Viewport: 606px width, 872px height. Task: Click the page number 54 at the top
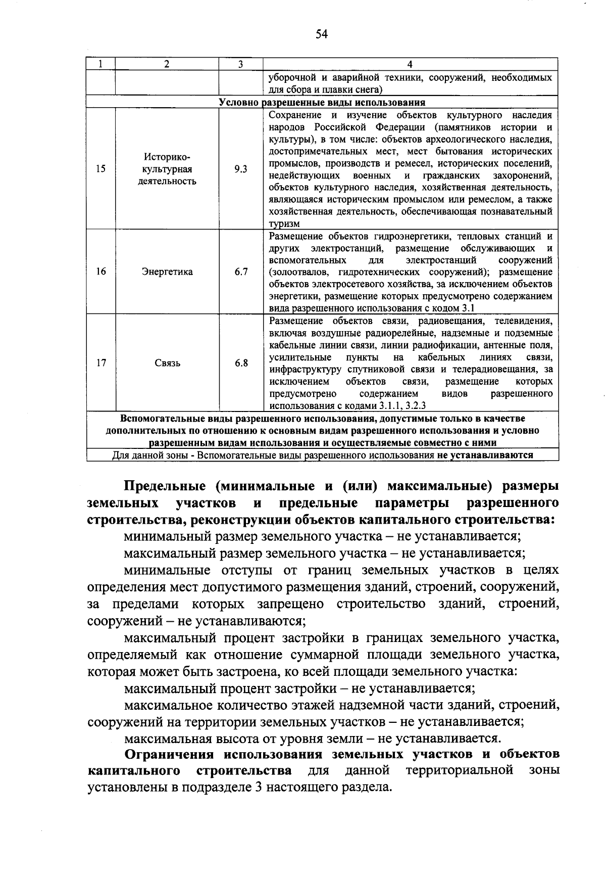[x=322, y=34]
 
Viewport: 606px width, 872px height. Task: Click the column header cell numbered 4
[x=410, y=64]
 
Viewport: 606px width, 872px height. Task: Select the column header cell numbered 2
[x=167, y=64]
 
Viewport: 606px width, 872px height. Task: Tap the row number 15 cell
[x=101, y=169]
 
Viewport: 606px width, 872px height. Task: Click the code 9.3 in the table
[x=241, y=169]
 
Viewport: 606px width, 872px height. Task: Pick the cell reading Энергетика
[x=167, y=272]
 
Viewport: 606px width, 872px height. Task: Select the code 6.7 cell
[x=241, y=272]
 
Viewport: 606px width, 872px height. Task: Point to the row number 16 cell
[x=101, y=272]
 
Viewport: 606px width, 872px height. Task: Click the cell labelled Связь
[x=167, y=363]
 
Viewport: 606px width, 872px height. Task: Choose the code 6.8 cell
[x=241, y=363]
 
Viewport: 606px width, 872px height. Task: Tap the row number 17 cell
[x=101, y=363]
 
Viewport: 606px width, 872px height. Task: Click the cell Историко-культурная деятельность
[x=167, y=169]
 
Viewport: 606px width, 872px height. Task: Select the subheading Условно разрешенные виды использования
[x=322, y=102]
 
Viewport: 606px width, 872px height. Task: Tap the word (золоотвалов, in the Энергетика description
[x=298, y=272]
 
